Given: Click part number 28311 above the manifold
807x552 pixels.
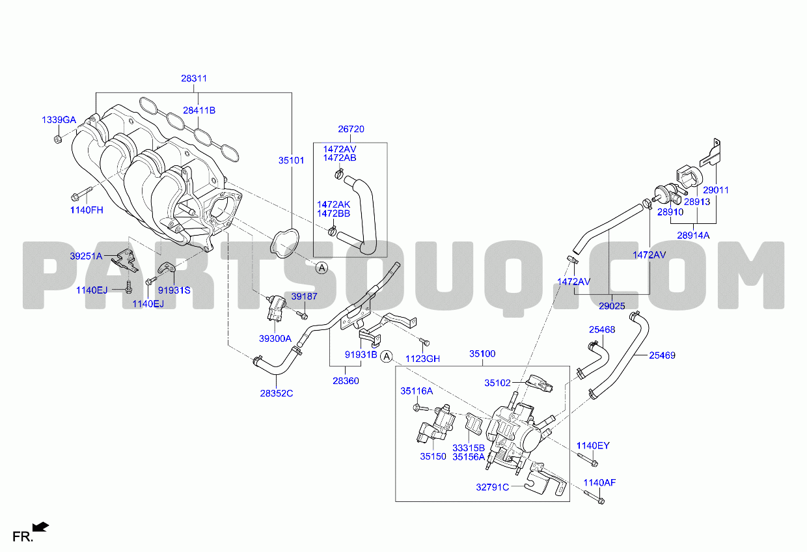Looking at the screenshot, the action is pyautogui.click(x=194, y=78).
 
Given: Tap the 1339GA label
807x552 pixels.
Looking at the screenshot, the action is pyautogui.click(x=59, y=120).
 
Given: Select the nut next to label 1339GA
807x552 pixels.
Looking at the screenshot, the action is pyautogui.click(x=57, y=139).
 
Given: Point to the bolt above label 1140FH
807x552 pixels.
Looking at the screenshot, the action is pyautogui.click(x=82, y=194).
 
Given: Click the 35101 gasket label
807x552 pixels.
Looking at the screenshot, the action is pyautogui.click(x=291, y=160).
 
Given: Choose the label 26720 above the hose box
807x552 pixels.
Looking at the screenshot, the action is pyautogui.click(x=351, y=129).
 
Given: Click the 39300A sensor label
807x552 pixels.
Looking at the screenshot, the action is pyautogui.click(x=275, y=338).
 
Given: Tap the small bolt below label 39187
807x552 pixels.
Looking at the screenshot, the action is pyautogui.click(x=302, y=316).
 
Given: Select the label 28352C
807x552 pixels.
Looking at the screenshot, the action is pyautogui.click(x=277, y=393).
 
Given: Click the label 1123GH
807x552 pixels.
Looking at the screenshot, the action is pyautogui.click(x=422, y=359).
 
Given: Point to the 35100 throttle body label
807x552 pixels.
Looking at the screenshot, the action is pyautogui.click(x=482, y=354).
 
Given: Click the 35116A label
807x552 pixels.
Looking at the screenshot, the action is pyautogui.click(x=417, y=391).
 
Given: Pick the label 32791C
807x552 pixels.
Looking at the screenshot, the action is pyautogui.click(x=492, y=487).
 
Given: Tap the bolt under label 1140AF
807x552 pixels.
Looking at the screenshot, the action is pyautogui.click(x=594, y=497).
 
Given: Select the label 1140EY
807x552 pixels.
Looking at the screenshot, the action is pyautogui.click(x=593, y=446).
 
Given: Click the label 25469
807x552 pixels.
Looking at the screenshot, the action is pyautogui.click(x=662, y=355).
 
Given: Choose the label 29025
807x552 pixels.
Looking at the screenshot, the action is pyautogui.click(x=612, y=306).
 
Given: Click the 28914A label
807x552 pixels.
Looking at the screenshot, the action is pyautogui.click(x=693, y=235).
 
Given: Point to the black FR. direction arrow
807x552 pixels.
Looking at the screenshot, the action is pyautogui.click(x=40, y=527).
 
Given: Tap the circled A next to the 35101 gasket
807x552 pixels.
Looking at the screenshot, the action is pyautogui.click(x=321, y=268).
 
